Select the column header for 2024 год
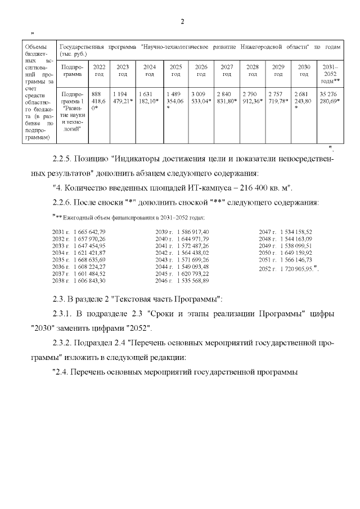149,70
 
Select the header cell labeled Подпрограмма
73,70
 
